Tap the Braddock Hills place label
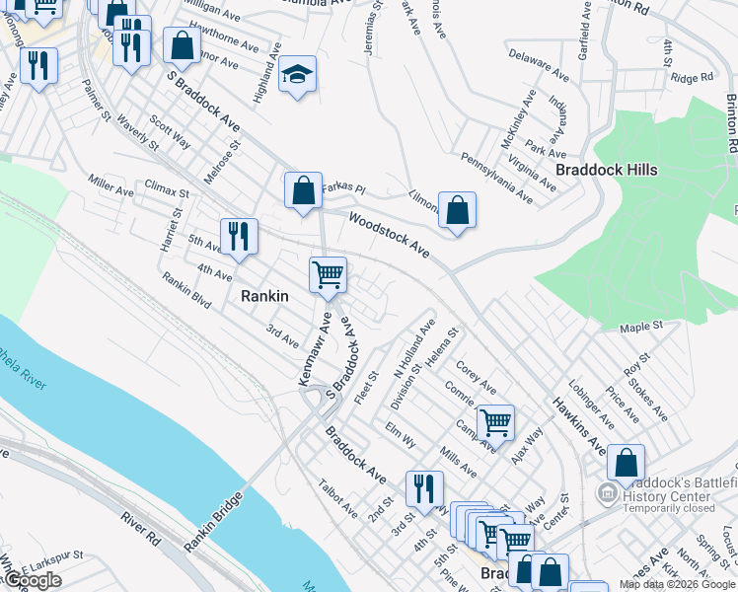pos(606,170)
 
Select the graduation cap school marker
pos(295,75)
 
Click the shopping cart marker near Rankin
pos(328,275)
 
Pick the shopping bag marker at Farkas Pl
pos(303,189)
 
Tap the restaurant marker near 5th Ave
pos(239,237)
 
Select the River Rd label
pos(141,530)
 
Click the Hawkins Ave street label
pos(579,425)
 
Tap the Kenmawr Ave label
pos(315,348)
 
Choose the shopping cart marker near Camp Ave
pos(495,422)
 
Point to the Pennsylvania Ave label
pos(497,179)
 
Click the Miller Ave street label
pos(111,183)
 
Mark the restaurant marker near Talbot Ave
pos(424,487)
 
